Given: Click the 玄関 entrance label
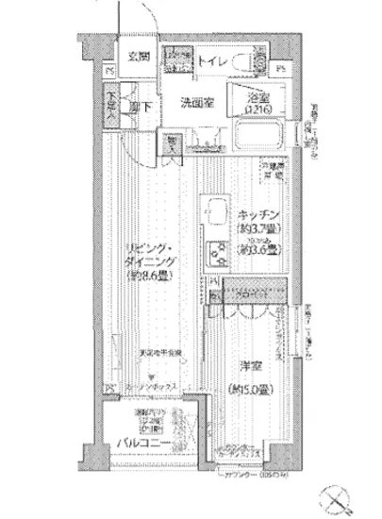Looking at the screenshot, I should [x=139, y=57].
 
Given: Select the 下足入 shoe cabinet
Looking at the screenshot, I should [x=111, y=98].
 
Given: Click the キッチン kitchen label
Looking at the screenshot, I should [x=257, y=213].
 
